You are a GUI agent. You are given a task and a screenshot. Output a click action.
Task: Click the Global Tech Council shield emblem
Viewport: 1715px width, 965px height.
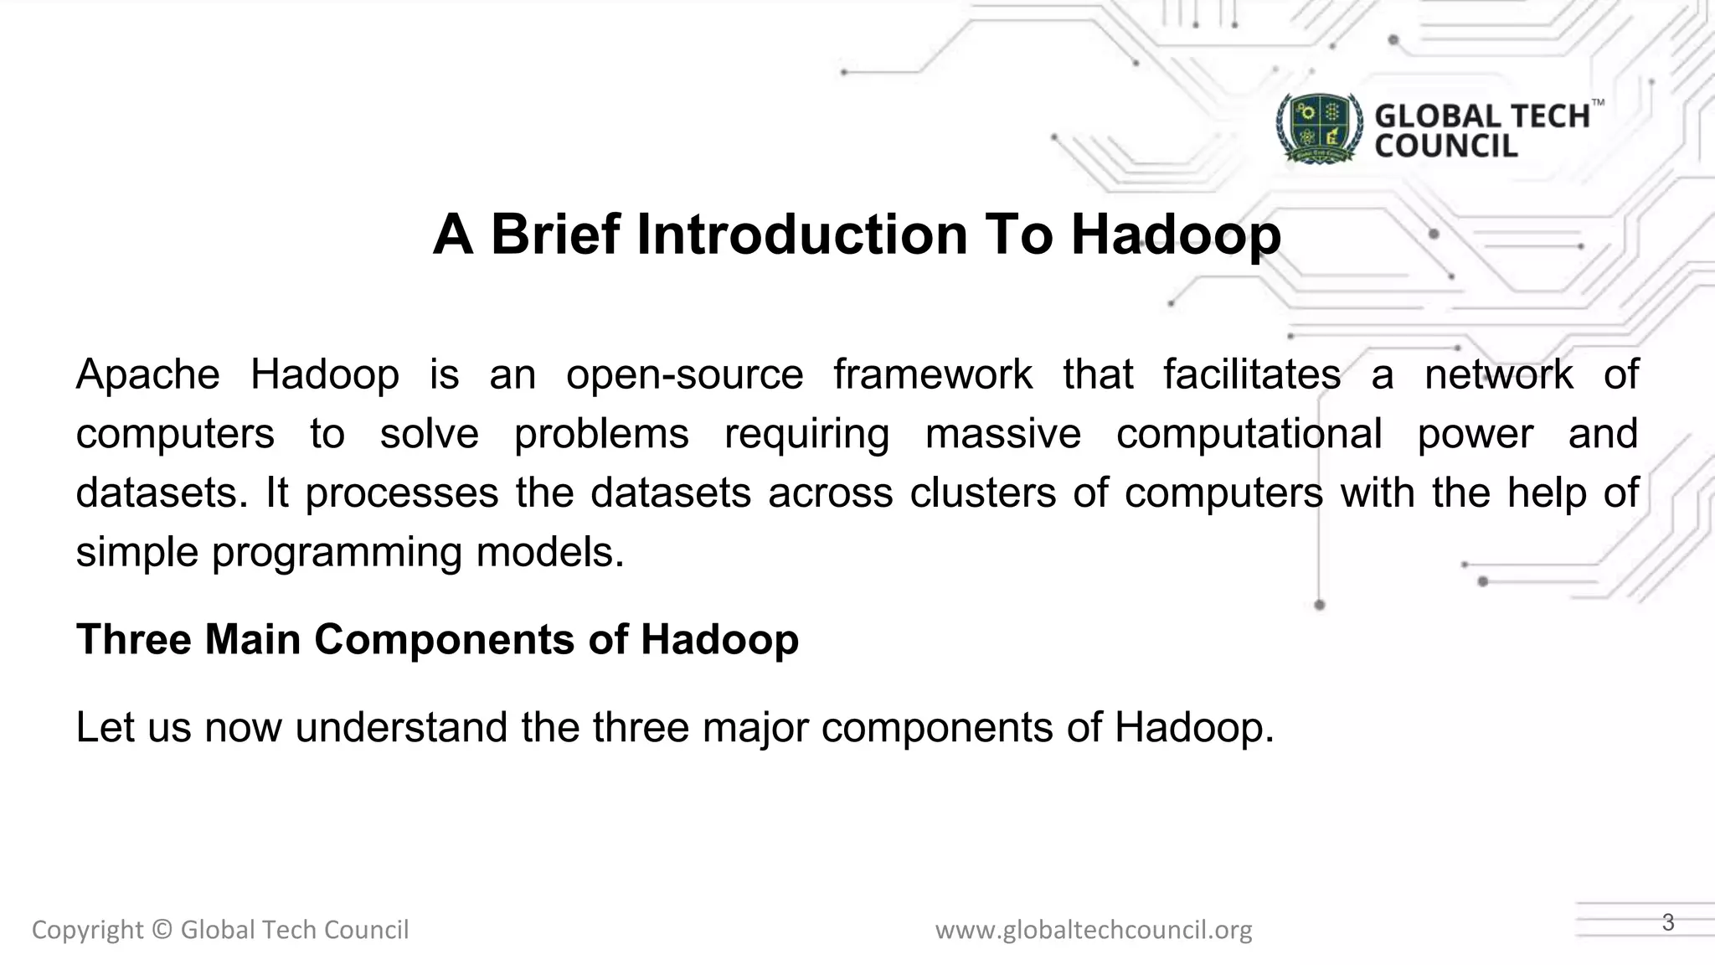coord(1319,128)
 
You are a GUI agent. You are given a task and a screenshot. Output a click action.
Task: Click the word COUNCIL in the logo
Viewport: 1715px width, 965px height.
coord(1445,147)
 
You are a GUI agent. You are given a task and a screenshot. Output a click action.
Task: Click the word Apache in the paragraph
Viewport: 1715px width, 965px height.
coord(147,374)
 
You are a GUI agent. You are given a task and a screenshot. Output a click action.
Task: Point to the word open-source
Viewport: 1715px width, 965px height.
coord(684,374)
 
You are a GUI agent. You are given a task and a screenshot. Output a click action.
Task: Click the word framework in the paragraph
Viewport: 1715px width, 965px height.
coord(933,374)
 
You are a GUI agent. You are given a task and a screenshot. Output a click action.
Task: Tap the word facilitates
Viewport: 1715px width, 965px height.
coord(1252,374)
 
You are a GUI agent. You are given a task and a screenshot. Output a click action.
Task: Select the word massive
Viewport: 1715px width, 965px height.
coord(1003,434)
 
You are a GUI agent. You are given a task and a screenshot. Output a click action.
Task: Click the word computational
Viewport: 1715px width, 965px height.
coord(1249,434)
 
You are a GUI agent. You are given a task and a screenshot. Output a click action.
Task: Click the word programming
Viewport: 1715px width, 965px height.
coord(337,553)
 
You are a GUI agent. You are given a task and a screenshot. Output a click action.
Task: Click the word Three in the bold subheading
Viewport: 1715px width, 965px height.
coord(134,640)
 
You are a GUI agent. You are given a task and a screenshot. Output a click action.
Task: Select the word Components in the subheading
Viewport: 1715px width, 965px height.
coord(444,640)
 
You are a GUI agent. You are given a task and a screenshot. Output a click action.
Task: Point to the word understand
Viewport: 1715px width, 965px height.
coord(401,727)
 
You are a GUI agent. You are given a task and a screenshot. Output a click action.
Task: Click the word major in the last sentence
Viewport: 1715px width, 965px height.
coord(755,727)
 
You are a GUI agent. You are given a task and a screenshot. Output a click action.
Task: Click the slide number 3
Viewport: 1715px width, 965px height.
coord(1667,922)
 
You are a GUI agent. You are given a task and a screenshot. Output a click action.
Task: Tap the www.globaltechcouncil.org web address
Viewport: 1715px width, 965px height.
coord(1094,930)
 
